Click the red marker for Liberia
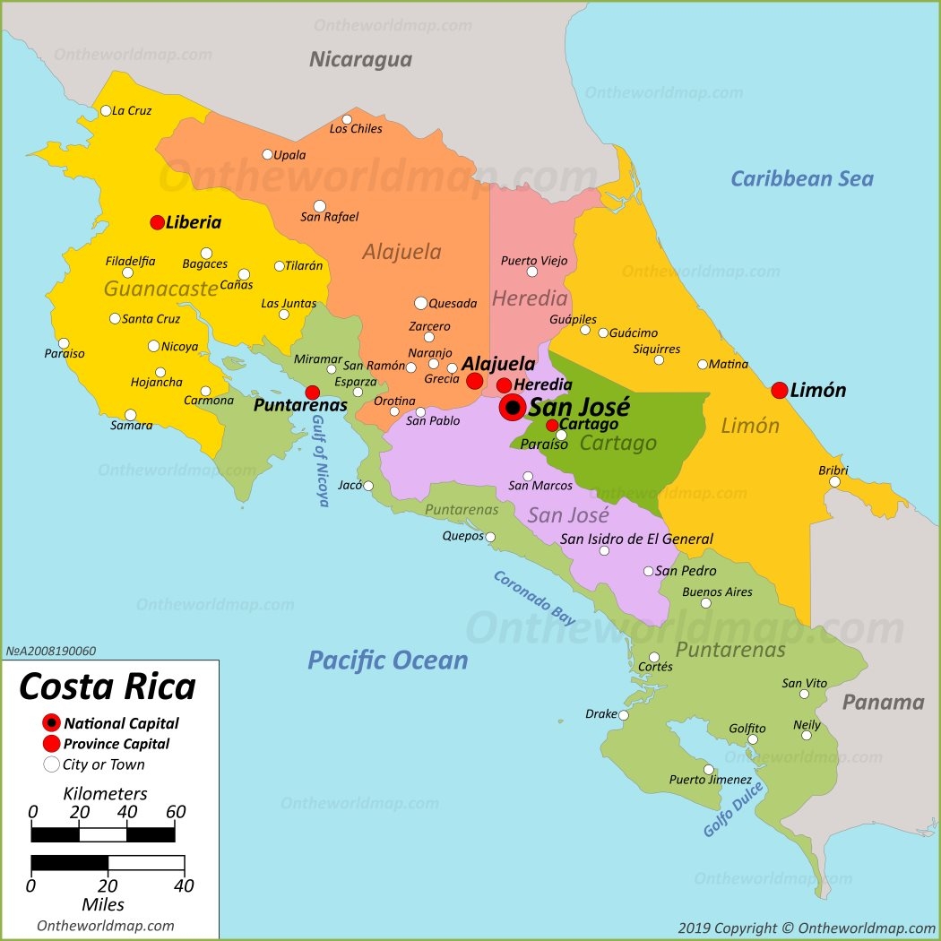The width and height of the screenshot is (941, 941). coord(157,222)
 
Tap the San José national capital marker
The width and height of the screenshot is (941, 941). coord(513,408)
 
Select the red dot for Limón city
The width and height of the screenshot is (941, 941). coord(779,390)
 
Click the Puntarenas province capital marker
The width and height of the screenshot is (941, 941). coord(312,393)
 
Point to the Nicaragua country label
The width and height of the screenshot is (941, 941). coord(360,60)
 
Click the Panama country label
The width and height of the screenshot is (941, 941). coord(882,702)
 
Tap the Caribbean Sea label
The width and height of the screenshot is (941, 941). coord(801,178)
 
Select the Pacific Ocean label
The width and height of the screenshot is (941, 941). coord(387,660)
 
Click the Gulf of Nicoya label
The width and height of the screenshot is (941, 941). coord(320,461)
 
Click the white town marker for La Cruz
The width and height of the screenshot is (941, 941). coord(106,111)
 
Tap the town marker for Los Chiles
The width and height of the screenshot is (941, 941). coord(347,119)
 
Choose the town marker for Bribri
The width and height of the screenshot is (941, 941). coord(834,481)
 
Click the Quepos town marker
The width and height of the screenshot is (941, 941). coord(490,538)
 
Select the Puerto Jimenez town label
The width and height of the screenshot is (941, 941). coord(711,780)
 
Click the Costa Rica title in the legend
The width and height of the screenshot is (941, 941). coord(108,686)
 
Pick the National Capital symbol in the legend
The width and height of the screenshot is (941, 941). coord(52,723)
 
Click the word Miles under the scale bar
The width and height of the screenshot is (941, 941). coord(103,904)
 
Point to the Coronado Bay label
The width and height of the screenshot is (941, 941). coord(534,598)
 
